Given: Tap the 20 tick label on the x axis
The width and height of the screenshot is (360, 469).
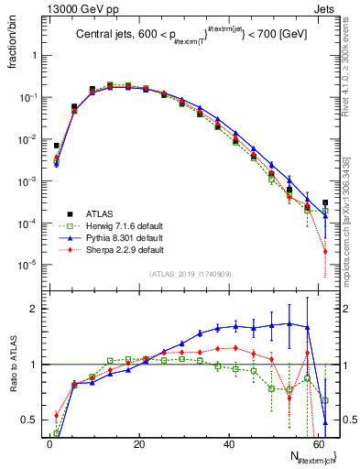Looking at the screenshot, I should [x=138, y=442].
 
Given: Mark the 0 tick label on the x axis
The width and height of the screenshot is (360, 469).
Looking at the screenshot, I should [x=49, y=442].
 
